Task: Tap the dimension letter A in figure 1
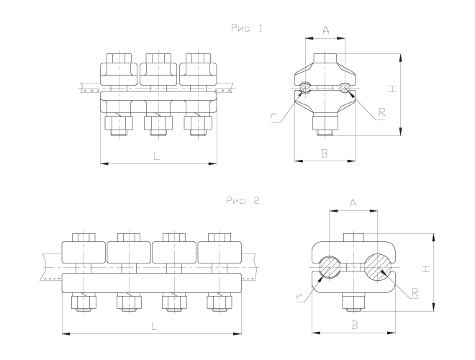click(x=326, y=30)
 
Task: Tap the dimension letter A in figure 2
click(x=353, y=204)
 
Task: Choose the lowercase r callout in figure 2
click(x=299, y=296)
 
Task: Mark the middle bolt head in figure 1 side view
click(x=158, y=57)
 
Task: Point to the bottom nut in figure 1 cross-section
click(x=326, y=123)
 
